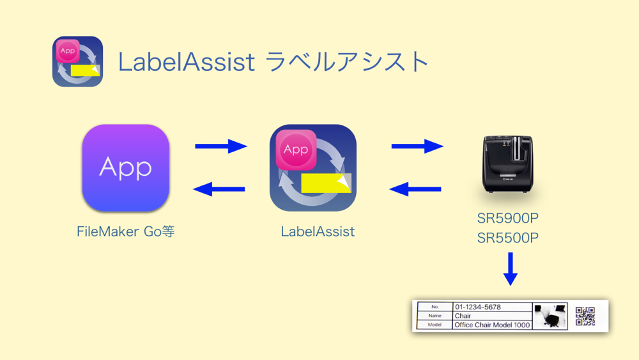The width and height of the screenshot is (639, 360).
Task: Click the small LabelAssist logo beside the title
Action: tap(77, 61)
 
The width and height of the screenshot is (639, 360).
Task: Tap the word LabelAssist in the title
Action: tap(187, 62)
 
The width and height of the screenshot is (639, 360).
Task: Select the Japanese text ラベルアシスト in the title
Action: tap(347, 62)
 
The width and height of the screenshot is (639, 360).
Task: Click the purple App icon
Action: tap(125, 168)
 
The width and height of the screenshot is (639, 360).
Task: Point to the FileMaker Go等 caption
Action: tap(125, 231)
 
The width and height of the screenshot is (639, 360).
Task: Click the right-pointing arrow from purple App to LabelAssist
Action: tap(221, 146)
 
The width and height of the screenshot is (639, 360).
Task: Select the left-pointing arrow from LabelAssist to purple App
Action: tap(219, 189)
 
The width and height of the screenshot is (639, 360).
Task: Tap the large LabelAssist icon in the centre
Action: tap(313, 168)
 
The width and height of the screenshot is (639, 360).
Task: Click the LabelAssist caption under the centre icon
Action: tap(318, 231)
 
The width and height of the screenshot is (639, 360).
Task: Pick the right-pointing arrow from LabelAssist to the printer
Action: tap(417, 146)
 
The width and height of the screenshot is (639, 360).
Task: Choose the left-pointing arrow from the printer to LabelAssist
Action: tap(415, 189)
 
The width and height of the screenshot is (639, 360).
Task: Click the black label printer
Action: tap(508, 164)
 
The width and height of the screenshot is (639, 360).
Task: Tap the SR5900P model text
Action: tap(508, 219)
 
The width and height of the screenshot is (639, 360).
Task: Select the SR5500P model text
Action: tap(508, 238)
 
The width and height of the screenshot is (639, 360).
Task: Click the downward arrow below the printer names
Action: tap(510, 269)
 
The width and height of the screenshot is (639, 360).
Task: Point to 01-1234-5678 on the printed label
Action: tap(477, 307)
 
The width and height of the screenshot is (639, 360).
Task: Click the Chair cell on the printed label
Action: tap(463, 316)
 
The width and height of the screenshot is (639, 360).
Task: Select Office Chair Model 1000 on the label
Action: tap(492, 325)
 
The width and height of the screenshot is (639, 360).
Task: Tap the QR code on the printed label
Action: tap(585, 316)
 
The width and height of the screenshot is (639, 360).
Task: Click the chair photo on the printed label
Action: tap(550, 316)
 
